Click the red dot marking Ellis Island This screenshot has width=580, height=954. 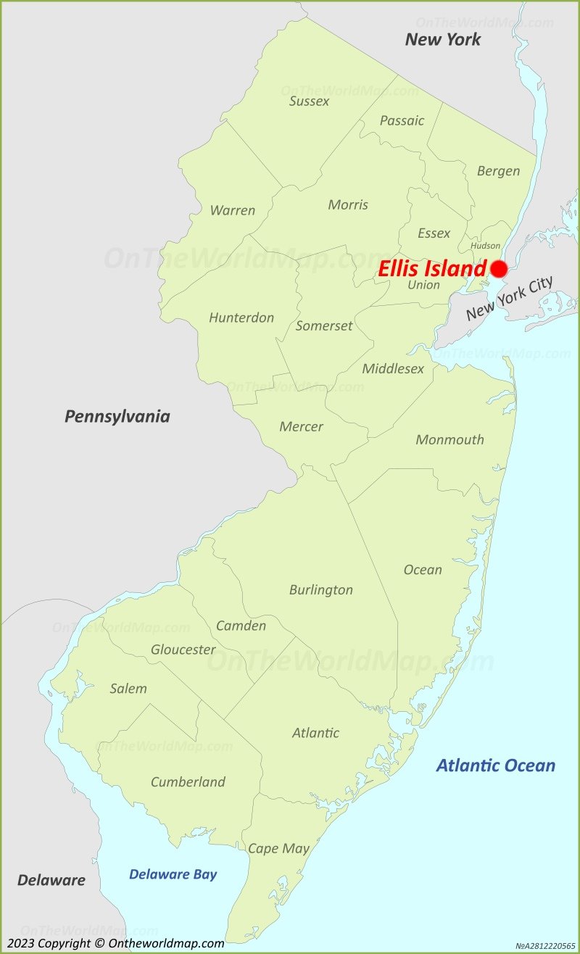(x=499, y=269)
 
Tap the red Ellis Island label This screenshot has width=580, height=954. (x=431, y=269)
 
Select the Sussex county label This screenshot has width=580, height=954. (x=309, y=101)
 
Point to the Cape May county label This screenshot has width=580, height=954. (x=278, y=848)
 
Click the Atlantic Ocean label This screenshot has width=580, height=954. (x=496, y=765)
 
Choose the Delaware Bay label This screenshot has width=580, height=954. (x=173, y=874)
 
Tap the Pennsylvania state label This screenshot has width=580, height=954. (x=117, y=416)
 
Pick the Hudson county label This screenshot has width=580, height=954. (x=485, y=246)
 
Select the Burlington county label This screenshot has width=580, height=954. (x=320, y=589)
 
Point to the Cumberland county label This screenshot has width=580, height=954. (x=188, y=781)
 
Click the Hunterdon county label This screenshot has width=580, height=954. (x=241, y=318)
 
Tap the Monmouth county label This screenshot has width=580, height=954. (x=449, y=439)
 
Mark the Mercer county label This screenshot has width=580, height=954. (x=301, y=426)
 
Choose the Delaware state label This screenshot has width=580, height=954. (x=51, y=880)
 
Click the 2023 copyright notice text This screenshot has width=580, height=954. (x=115, y=943)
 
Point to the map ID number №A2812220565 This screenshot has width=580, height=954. (x=544, y=946)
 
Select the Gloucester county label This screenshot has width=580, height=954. (x=183, y=650)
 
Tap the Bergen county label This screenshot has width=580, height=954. (x=498, y=171)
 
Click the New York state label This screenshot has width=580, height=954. (x=442, y=39)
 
